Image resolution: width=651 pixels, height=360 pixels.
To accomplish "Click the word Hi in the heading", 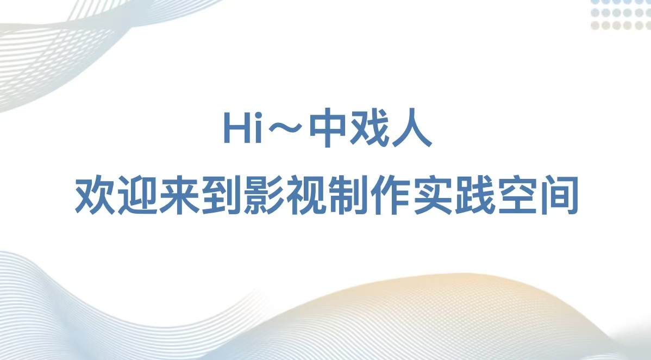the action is point(243,127).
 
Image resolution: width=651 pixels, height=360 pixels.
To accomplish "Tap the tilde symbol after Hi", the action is point(285,128).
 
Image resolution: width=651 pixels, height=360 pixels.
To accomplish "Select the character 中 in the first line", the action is point(328,128).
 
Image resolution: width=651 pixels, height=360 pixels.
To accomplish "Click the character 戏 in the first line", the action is point(370,128).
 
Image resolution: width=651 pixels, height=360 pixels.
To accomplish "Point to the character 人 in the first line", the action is point(411,128).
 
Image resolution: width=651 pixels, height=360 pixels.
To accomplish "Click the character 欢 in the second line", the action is point(96,195).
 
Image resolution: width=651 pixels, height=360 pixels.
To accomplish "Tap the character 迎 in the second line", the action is point(138,195).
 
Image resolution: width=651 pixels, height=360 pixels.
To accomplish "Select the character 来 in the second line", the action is point(180,195).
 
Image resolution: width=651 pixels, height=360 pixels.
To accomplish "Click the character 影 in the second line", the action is point(264,195).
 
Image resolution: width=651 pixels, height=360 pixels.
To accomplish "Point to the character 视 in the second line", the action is point(306,195).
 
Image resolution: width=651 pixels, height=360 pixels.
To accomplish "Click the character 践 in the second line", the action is point(475,195).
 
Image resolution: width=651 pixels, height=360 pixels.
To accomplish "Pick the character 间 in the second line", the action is point(559,195).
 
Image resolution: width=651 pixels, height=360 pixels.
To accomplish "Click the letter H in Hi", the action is point(236,128).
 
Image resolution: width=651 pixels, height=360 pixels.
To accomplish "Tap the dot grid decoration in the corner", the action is point(621,15).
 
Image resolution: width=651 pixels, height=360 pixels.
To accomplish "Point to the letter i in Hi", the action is point(258,127).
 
